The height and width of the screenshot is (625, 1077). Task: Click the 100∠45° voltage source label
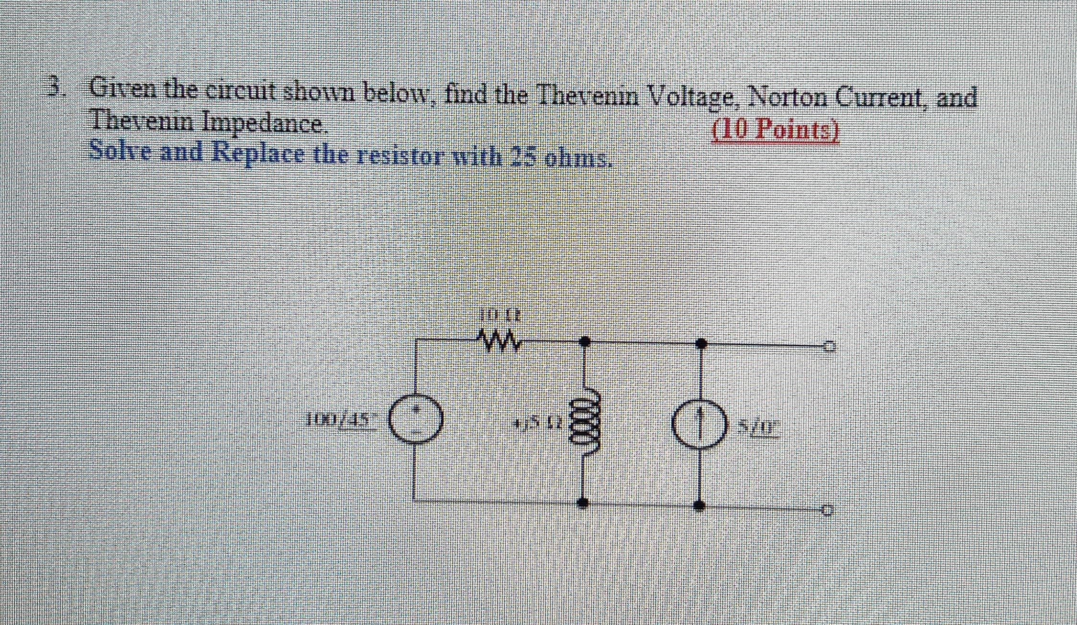(x=339, y=421)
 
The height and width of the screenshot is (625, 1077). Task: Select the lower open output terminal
(x=828, y=510)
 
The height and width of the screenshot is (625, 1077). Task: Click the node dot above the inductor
(x=584, y=341)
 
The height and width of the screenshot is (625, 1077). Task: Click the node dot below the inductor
(x=583, y=502)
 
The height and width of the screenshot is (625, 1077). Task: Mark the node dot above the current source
(x=700, y=342)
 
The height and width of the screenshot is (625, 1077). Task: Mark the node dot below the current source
(x=699, y=505)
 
